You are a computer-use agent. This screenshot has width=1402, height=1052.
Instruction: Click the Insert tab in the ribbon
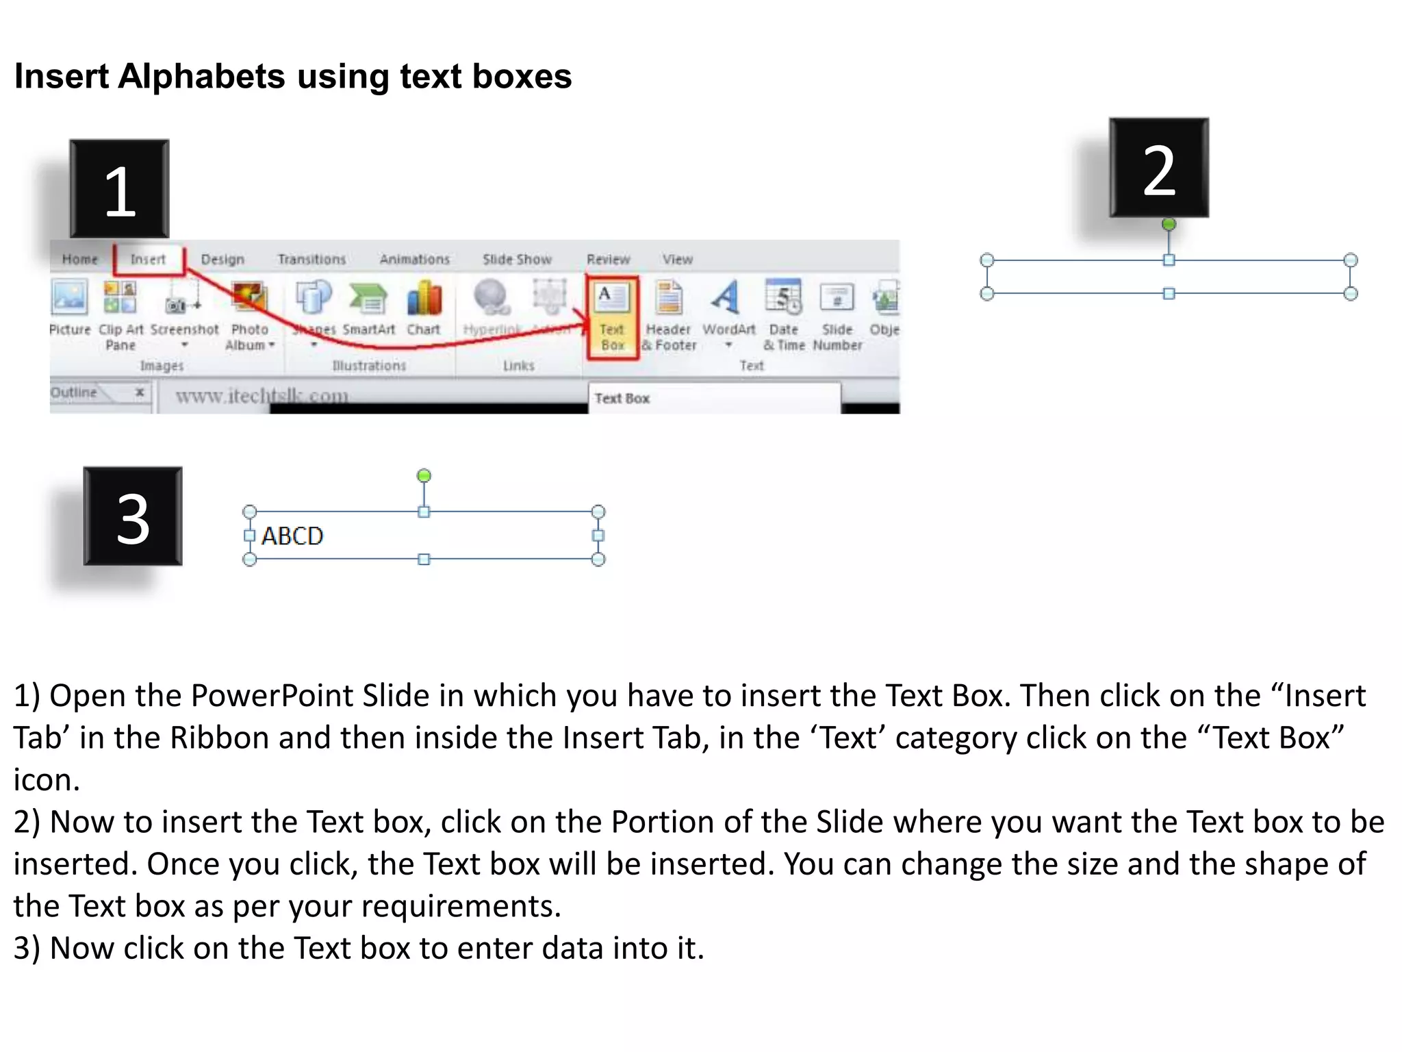148,260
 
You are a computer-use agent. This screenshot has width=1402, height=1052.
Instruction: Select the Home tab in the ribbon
80,260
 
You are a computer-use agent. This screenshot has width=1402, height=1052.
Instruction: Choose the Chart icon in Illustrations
424,308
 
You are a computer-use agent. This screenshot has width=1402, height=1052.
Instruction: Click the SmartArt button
368,308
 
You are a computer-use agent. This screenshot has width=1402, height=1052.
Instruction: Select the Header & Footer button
669,315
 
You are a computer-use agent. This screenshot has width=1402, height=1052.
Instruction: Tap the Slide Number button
837,315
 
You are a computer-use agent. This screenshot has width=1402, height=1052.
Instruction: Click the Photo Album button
249,315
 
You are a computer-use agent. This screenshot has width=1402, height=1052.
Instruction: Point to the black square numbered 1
119,189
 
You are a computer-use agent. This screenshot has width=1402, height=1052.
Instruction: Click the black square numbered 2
1158,168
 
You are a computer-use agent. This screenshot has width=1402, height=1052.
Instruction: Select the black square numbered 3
133,516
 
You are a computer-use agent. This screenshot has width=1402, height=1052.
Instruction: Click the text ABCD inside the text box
292,536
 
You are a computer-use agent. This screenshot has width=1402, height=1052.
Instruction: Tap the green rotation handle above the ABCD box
424,475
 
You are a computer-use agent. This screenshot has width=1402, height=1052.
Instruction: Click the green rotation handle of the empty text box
1169,224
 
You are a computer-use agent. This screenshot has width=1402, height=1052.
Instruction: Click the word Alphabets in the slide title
201,76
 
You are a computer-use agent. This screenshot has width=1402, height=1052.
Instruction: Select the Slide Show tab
517,260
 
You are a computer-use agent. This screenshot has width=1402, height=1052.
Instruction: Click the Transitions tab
311,260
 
